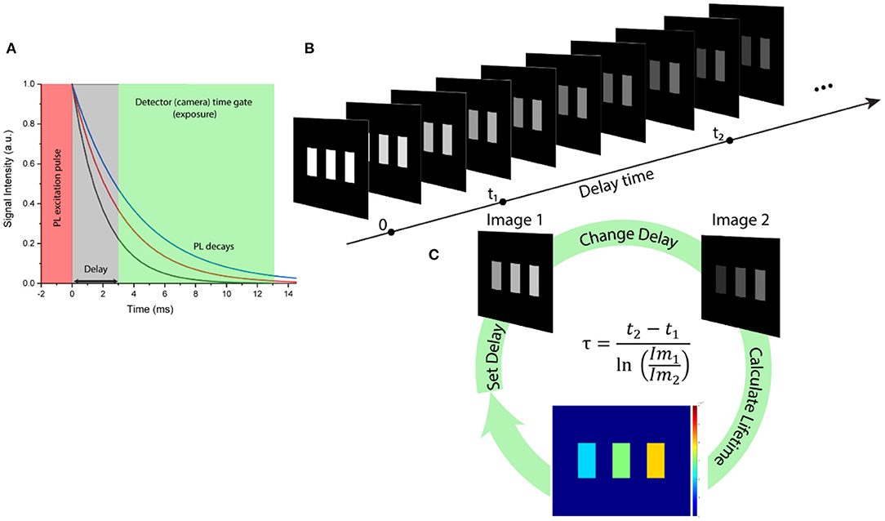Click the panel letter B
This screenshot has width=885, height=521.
(x=310, y=48)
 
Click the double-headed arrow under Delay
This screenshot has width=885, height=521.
(x=95, y=280)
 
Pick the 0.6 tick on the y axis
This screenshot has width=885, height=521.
(x=30, y=163)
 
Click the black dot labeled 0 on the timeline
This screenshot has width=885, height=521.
(x=391, y=233)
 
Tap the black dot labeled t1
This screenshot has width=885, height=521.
(x=503, y=201)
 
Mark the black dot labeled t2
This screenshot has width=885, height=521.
(x=730, y=140)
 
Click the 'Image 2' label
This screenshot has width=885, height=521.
(x=736, y=220)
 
